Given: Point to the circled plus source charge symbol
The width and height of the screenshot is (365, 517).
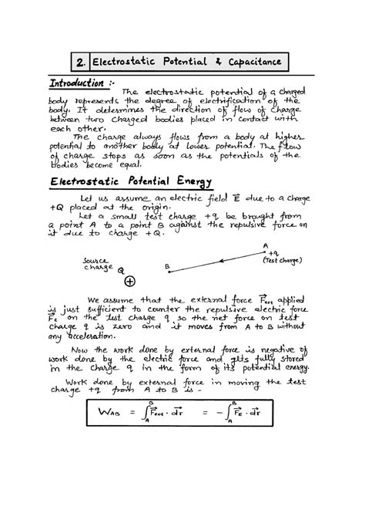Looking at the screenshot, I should pos(129,282).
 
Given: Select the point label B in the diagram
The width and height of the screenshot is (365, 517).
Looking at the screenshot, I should pos(166,267).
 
